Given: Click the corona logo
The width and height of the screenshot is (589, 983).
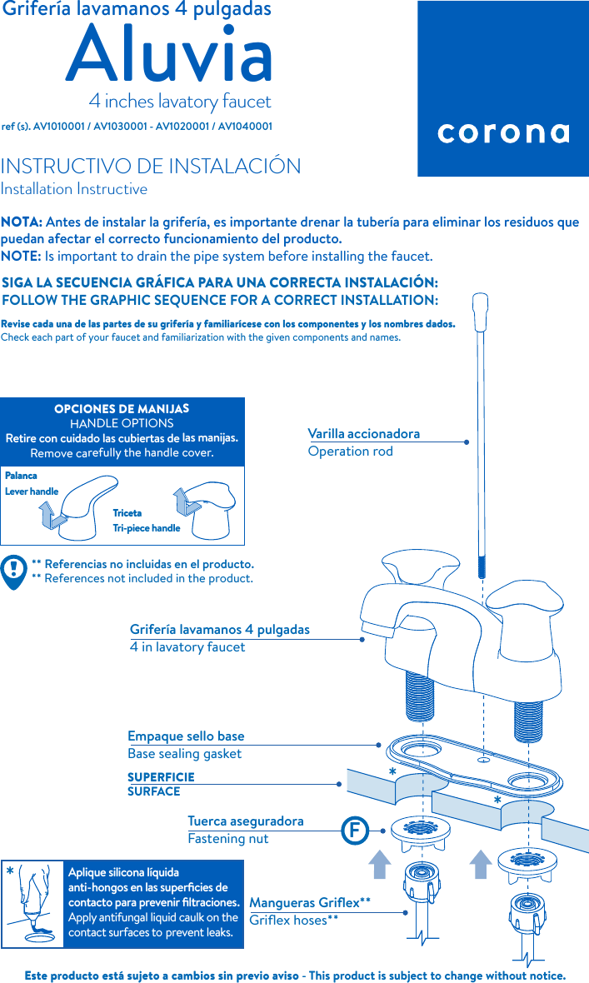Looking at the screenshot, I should coord(503,133).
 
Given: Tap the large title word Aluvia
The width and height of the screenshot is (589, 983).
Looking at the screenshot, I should coord(170,55).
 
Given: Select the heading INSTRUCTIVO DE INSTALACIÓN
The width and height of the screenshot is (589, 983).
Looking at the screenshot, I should coord(151,166).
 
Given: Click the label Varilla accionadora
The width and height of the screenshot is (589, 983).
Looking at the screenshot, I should coord(364,434).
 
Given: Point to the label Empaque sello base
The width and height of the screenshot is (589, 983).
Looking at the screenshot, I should coord(186,736).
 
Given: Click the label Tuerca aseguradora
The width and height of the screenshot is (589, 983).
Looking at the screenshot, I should coord(246,821).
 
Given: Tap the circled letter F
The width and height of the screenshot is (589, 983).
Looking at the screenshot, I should coord(355,831).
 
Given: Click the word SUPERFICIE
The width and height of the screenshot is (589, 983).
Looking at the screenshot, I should coord(161,776).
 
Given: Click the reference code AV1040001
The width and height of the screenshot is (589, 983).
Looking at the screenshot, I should coord(245,127).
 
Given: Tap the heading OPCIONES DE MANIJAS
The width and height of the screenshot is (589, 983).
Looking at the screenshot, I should coord(122,409).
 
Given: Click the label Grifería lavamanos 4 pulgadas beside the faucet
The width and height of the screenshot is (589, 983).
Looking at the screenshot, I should coord(220,630).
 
